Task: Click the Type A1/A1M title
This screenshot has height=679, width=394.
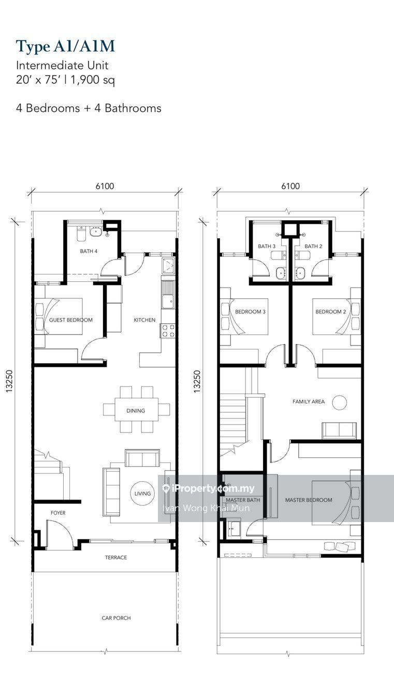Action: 65,47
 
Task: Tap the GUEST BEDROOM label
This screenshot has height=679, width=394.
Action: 71,320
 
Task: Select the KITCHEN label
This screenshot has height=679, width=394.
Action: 144,320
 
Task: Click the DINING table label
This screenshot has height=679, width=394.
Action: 136,411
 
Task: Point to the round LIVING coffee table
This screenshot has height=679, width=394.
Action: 142,494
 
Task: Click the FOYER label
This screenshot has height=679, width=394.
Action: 58,513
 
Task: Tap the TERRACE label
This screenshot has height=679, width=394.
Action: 115,557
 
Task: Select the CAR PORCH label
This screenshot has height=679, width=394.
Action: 115,618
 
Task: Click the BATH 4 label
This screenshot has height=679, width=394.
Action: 89,251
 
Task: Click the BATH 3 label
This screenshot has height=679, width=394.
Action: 267,247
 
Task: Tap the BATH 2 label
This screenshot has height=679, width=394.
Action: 313,247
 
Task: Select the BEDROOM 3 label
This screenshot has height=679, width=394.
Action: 250,312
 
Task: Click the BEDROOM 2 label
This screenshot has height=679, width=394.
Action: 330,312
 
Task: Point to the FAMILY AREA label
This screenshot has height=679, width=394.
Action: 309,401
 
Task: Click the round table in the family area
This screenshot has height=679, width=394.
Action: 340,402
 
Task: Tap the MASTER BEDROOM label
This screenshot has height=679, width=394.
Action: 309,500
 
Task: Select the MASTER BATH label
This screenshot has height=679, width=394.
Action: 243,500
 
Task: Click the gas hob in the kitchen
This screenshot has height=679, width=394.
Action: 168,330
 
